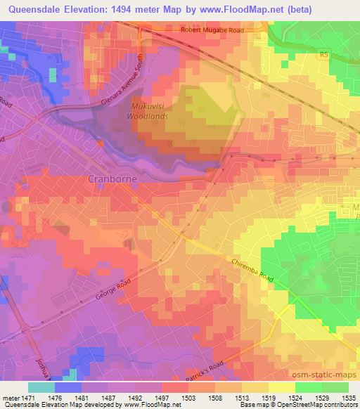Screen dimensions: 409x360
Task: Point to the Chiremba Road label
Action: tap(251, 271)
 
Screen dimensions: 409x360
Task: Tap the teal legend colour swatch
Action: tap(41, 387)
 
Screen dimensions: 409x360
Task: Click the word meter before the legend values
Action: tap(12, 398)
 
